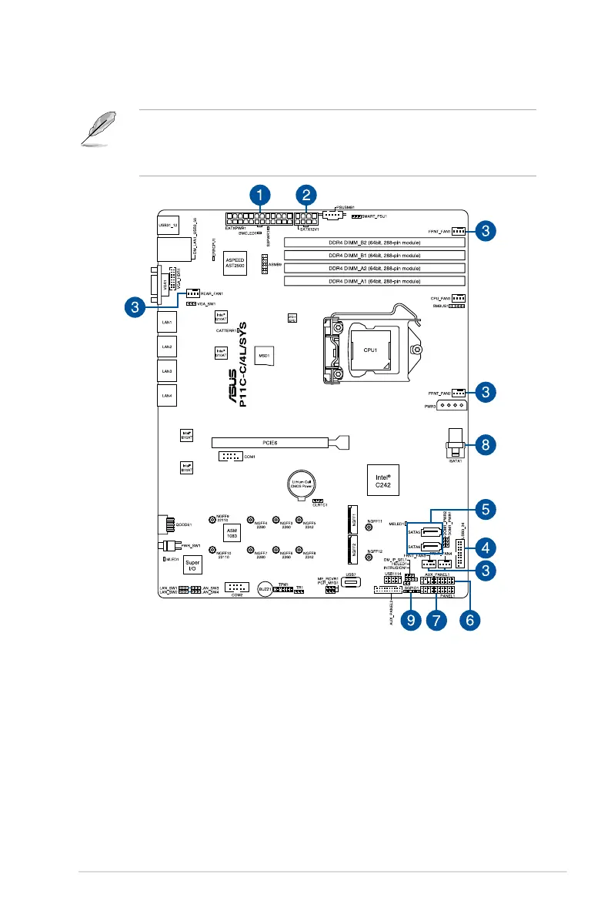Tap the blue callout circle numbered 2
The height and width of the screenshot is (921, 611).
[x=306, y=195]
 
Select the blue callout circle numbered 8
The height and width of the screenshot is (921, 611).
[x=483, y=444]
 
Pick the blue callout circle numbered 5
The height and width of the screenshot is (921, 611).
[x=483, y=509]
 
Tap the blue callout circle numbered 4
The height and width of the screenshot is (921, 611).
[x=483, y=548]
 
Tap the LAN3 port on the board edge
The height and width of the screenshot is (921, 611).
[x=166, y=371]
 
